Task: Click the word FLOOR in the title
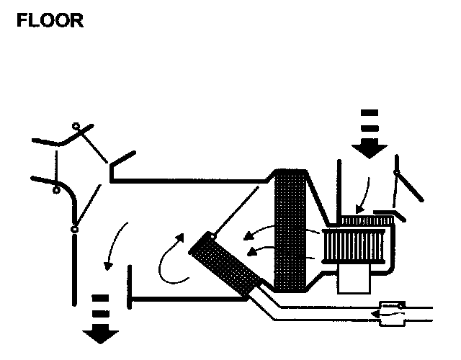[50, 20]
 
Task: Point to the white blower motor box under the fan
[352, 280]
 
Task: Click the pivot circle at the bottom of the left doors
[74, 230]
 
